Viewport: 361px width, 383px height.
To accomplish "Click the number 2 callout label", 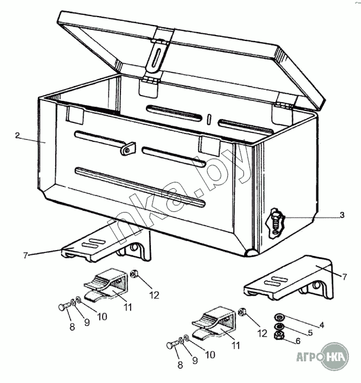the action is [x=18, y=136].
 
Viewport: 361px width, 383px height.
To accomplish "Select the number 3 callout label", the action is [x=343, y=214].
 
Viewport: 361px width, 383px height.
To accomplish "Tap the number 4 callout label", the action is [x=322, y=325].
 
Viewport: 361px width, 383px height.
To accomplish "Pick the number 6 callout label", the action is [x=298, y=341].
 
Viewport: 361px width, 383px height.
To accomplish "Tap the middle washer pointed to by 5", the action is [x=278, y=327].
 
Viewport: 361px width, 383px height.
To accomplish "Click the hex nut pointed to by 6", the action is [x=278, y=337].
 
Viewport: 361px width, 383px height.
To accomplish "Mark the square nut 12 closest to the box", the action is [x=135, y=274].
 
